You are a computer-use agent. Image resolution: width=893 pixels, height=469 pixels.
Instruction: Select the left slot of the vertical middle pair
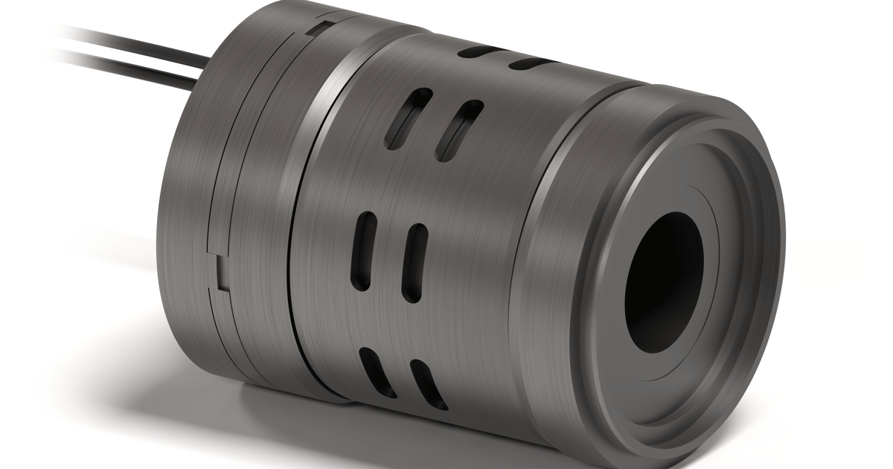coord(364,250)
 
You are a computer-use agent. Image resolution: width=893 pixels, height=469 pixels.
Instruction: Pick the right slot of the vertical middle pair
coord(413,261)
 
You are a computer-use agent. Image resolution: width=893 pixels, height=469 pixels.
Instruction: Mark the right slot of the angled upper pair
coord(458,130)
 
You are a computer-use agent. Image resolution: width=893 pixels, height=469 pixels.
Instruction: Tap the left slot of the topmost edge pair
coord(478,51)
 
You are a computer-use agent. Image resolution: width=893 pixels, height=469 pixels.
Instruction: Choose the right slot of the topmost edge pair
coord(534,63)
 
